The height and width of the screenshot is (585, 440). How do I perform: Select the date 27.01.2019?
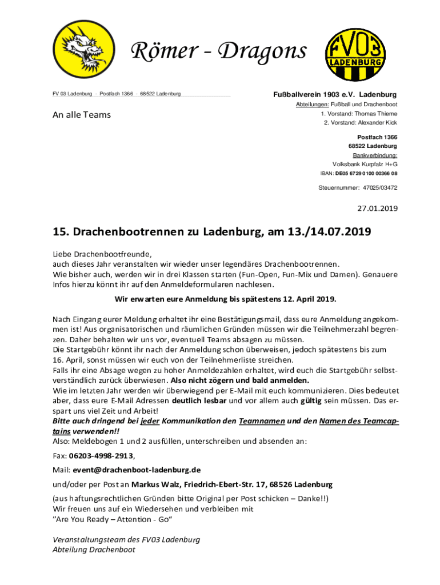pyautogui.click(x=377, y=209)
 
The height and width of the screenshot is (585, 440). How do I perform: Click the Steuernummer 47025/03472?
pyautogui.click(x=378, y=187)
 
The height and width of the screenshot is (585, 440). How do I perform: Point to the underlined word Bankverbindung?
pyautogui.click(x=375, y=155)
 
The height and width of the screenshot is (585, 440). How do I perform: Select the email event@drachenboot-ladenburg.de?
pyautogui.click(x=136, y=470)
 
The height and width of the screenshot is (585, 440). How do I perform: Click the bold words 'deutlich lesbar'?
pyautogui.click(x=199, y=400)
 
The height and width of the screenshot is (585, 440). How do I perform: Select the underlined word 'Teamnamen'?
pyautogui.click(x=261, y=421)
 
